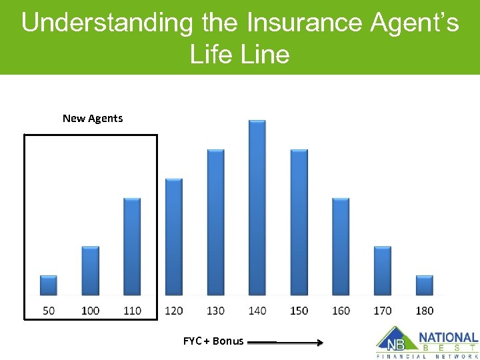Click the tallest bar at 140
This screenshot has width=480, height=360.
[x=257, y=207]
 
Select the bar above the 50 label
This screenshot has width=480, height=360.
[x=49, y=285]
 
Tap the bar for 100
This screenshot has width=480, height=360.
[x=91, y=271]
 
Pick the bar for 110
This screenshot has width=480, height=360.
[x=132, y=247]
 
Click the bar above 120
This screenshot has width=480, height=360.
[x=173, y=237]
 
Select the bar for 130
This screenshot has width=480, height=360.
[x=215, y=222]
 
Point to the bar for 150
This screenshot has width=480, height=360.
[x=299, y=222]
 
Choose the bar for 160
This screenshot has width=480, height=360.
[x=341, y=247]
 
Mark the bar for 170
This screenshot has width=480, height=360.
[x=383, y=271]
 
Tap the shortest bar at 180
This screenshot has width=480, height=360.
[x=425, y=285]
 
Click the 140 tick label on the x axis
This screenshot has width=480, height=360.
[x=257, y=310]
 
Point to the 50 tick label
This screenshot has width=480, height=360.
[x=49, y=310]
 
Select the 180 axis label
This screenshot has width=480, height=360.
[x=425, y=310]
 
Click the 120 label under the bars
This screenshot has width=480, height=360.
[x=173, y=310]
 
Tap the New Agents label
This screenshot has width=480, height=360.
[x=93, y=118]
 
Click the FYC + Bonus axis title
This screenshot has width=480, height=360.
[x=213, y=341]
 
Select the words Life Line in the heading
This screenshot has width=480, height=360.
[x=240, y=54]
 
